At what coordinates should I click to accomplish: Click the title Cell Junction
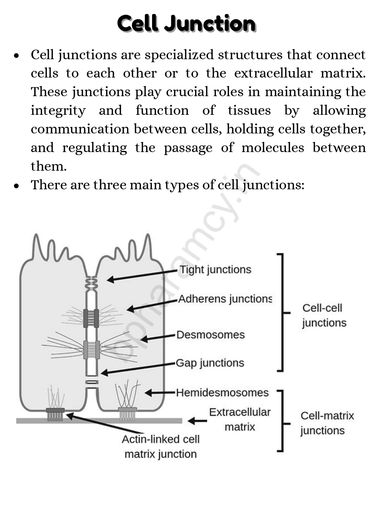186,23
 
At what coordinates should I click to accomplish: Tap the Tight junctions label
216,270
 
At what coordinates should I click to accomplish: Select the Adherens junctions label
225,299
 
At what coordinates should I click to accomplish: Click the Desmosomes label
210,335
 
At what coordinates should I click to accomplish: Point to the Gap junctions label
210,363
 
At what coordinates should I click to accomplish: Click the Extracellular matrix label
240,419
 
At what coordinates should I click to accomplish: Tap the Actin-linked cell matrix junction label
161,446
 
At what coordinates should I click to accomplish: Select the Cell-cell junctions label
324,315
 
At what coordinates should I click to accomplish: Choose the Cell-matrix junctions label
327,423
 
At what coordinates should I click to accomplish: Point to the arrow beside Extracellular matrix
197,421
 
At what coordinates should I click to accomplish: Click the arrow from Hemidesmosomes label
160,392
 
